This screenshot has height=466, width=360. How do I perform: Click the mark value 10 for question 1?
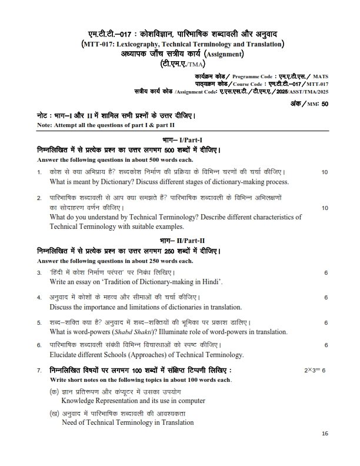(324, 172)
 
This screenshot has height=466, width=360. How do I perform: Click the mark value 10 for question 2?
(324, 208)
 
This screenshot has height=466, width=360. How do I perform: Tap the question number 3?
(39, 272)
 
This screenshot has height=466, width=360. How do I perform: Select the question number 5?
(39, 322)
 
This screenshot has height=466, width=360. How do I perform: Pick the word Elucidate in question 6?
(65, 355)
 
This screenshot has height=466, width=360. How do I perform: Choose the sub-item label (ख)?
(54, 414)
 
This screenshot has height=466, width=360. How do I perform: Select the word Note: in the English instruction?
(44, 126)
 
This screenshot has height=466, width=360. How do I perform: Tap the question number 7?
(39, 371)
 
